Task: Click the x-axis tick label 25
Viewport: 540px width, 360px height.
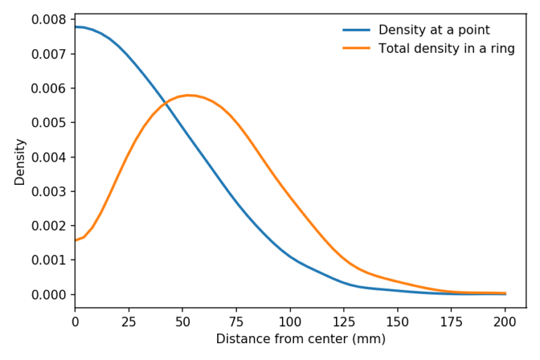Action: pyautogui.click(x=129, y=321)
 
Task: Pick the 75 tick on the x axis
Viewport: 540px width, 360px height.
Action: pyautogui.click(x=236, y=321)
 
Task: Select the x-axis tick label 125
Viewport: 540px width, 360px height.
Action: pyautogui.click(x=344, y=321)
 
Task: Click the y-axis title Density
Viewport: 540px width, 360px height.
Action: pyautogui.click(x=20, y=162)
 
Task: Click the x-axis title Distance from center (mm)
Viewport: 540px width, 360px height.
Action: pyautogui.click(x=300, y=339)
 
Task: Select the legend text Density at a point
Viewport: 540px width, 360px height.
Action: pyautogui.click(x=434, y=30)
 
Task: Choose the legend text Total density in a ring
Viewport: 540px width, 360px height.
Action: pyautogui.click(x=446, y=49)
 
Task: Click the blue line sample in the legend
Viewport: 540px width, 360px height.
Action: pyautogui.click(x=357, y=30)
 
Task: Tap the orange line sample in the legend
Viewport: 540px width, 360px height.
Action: pyautogui.click(x=357, y=49)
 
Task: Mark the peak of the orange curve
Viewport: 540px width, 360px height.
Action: pyautogui.click(x=188, y=95)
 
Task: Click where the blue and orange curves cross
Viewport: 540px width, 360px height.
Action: pyautogui.click(x=166, y=103)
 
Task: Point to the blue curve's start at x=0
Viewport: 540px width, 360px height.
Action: pyautogui.click(x=75, y=27)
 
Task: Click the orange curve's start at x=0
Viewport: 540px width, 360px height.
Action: pyautogui.click(x=75, y=240)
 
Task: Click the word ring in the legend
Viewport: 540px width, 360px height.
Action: pyautogui.click(x=503, y=49)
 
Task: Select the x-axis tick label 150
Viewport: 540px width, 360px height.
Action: pyautogui.click(x=398, y=321)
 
